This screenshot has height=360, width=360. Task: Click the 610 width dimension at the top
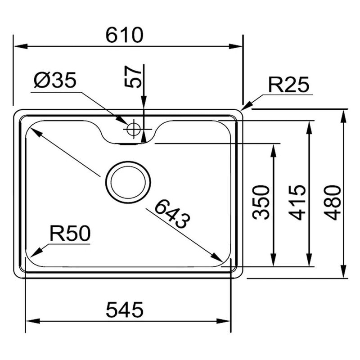pos(124,35)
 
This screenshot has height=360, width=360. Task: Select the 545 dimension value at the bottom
pos(124,310)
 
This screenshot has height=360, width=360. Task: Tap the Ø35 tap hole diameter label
pos(55,81)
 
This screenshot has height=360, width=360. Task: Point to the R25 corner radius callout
pos(288,85)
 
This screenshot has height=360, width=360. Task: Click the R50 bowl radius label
pos(70,234)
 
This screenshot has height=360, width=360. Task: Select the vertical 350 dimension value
pos(261,202)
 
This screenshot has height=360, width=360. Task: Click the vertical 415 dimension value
pos(297,202)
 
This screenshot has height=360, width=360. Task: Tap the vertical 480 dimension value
pos(333,202)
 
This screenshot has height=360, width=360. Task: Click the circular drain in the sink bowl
pos(128,182)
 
